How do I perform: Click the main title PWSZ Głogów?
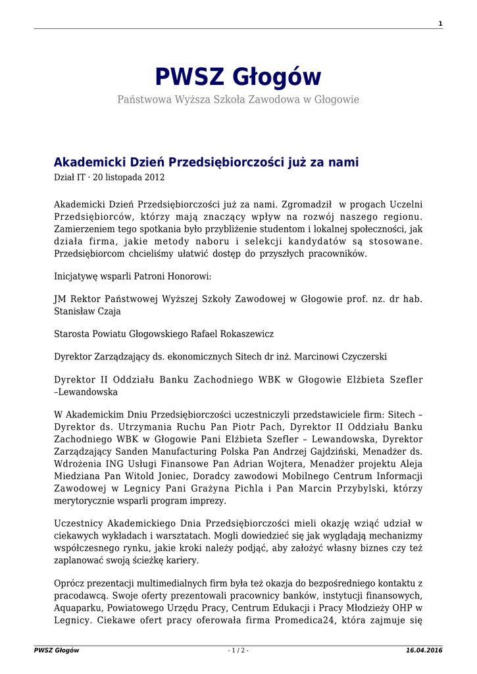(x=238, y=77)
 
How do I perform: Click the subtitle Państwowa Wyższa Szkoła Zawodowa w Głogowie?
(x=238, y=99)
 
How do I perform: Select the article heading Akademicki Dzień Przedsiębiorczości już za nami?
(x=206, y=162)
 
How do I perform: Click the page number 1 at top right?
(x=439, y=24)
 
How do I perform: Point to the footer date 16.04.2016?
(x=424, y=650)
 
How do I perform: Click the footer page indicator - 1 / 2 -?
(x=238, y=650)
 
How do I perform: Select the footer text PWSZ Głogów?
(x=57, y=650)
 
